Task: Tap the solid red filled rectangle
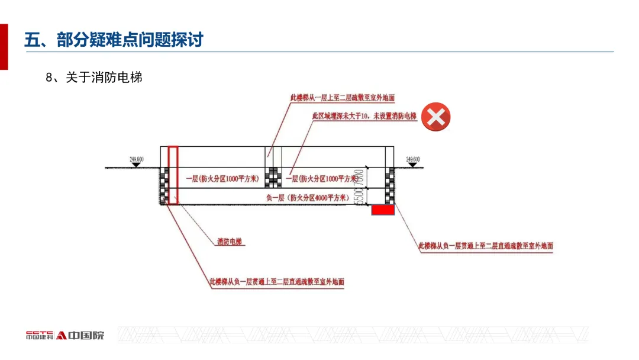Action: tap(383, 210)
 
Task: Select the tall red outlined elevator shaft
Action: tap(173, 175)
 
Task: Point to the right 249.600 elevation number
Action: tap(412, 159)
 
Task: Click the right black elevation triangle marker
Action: tap(412, 165)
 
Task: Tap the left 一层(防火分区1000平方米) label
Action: tap(221, 178)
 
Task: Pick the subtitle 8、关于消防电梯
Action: tap(94, 78)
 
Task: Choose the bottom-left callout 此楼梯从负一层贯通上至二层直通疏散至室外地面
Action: tap(276, 282)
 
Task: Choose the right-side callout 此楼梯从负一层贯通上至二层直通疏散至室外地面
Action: tap(486, 245)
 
